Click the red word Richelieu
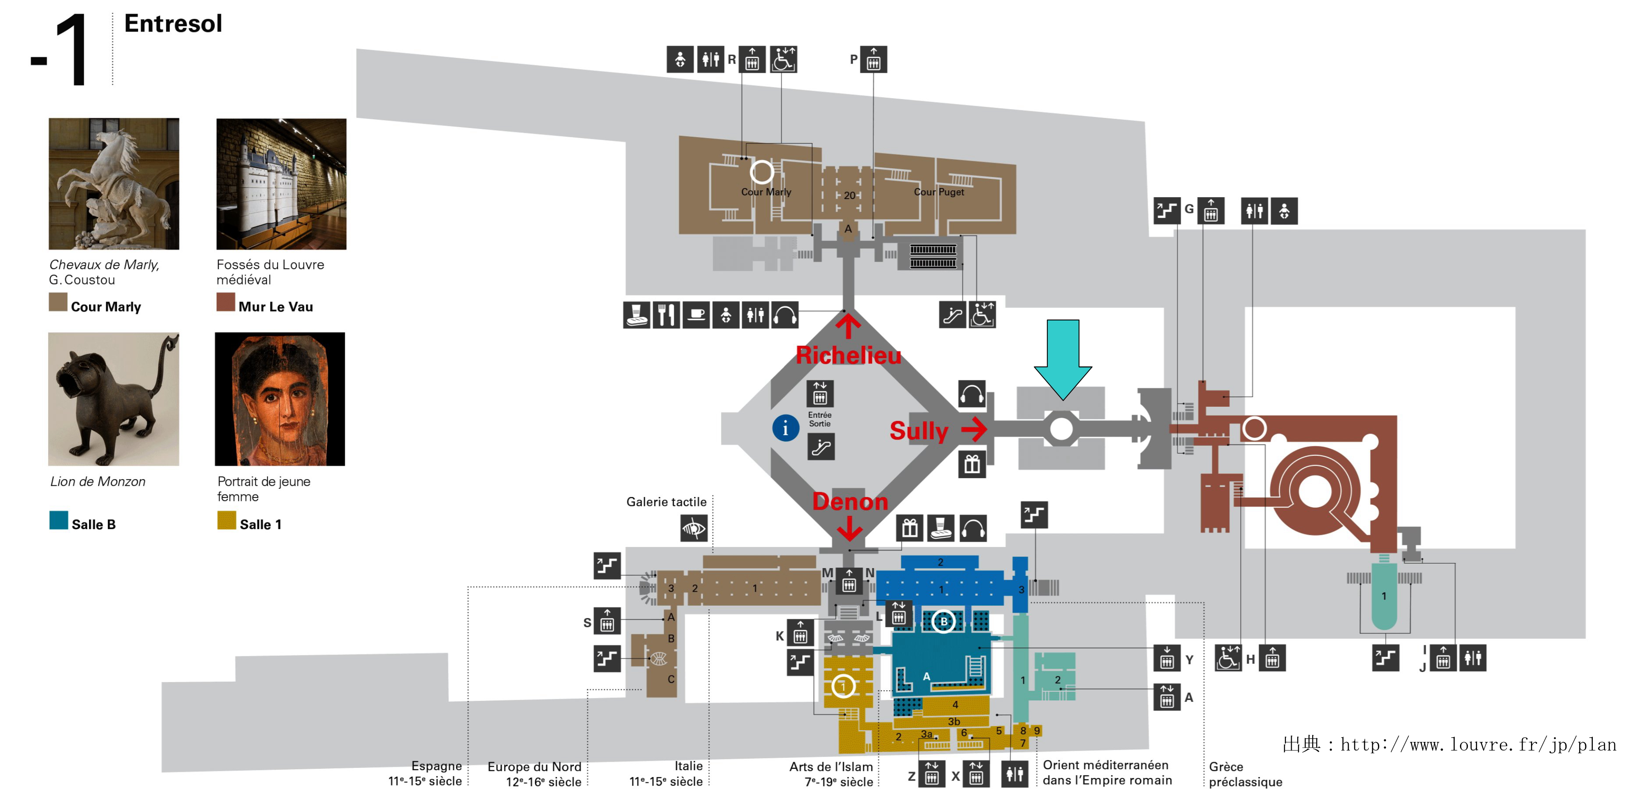point(848,355)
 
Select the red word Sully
point(919,431)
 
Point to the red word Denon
point(850,501)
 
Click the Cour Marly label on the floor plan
point(766,192)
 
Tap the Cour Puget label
point(939,192)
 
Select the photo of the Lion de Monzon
point(114,399)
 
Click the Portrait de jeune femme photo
point(280,399)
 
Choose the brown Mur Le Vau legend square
point(226,302)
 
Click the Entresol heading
point(173,24)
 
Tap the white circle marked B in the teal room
point(943,621)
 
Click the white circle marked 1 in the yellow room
point(843,686)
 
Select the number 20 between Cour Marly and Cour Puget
point(849,195)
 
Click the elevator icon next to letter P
point(873,60)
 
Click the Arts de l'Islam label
point(831,774)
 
